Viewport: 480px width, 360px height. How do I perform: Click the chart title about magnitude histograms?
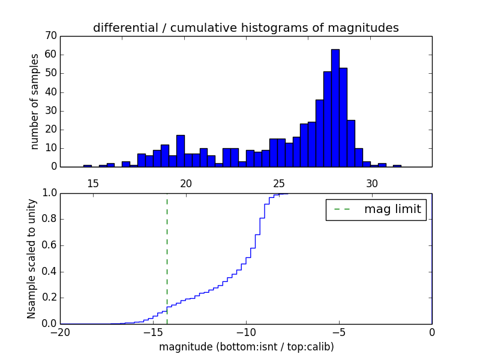tap(245, 28)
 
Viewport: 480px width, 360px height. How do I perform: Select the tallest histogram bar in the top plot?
tap(335, 108)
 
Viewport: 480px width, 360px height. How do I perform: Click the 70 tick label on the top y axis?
tap(50, 36)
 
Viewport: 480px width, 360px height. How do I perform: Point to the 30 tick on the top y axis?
tap(50, 110)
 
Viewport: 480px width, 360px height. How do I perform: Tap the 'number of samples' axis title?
tap(35, 101)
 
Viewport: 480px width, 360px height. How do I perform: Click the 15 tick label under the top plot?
tap(93, 183)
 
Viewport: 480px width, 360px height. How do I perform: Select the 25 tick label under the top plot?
tap(279, 183)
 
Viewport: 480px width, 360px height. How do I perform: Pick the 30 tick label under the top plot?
tap(372, 183)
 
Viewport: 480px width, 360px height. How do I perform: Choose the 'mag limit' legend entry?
tap(376, 209)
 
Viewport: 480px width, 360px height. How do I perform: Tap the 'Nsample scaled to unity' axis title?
tap(31, 259)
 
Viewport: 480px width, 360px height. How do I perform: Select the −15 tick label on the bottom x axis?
tap(152, 332)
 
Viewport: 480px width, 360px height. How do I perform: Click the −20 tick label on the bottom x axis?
tap(60, 332)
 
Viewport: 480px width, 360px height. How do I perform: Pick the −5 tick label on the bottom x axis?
tap(338, 332)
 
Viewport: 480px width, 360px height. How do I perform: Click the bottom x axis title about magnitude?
tap(245, 347)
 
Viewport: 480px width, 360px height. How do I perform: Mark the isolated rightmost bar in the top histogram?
tap(397, 166)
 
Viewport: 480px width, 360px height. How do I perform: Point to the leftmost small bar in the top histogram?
tap(88, 166)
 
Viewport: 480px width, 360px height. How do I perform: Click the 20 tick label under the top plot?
tap(186, 183)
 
